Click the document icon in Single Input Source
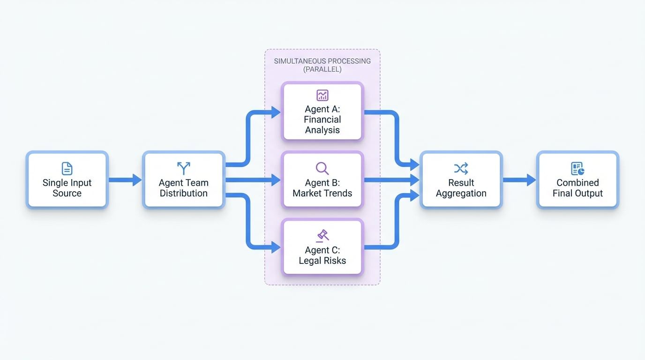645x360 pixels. click(67, 168)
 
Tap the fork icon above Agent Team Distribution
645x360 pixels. click(183, 168)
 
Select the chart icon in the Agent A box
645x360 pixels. click(322, 95)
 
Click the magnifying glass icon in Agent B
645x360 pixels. click(322, 168)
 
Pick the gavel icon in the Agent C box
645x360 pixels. click(322, 235)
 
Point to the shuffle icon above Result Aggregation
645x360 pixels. click(461, 168)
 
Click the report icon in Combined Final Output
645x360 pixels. click(577, 168)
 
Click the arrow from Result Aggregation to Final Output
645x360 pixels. click(519, 180)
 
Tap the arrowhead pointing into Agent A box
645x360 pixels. click(276, 112)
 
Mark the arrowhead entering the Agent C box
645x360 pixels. click(276, 247)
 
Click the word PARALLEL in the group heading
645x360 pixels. click(322, 69)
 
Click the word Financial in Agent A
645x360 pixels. click(322, 120)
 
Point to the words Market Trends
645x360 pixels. click(322, 193)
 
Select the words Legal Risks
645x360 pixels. click(322, 261)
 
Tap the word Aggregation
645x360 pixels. click(461, 193)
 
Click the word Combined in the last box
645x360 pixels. click(577, 183)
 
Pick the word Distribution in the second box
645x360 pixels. click(183, 193)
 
